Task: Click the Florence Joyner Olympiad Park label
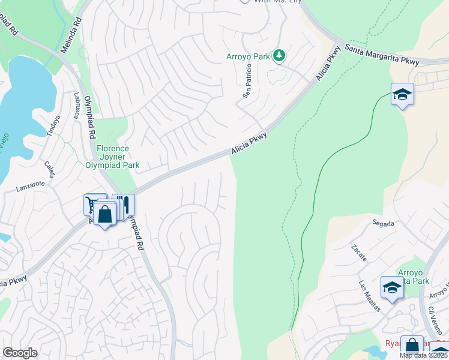point(112,157)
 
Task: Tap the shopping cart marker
point(93,204)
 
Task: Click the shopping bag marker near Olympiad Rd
point(105,214)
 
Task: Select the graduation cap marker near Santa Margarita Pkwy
point(402,95)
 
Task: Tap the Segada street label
point(383,223)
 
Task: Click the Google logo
point(20,353)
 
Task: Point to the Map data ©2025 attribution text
point(424,355)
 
